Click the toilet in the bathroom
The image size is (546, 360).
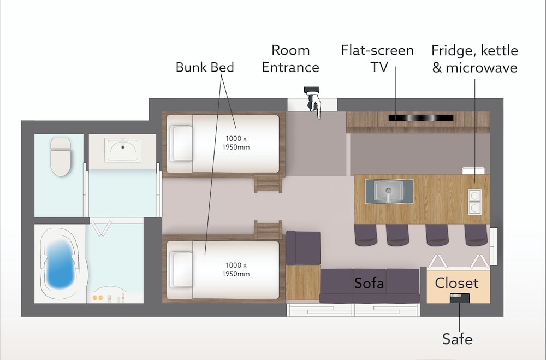[61, 156]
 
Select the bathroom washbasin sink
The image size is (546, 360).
[122, 150]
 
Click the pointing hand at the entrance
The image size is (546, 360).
[313, 103]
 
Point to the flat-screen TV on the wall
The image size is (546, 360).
[420, 118]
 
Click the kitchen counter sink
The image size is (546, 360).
[389, 191]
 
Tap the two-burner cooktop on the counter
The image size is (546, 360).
[474, 202]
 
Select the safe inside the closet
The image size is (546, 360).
[460, 298]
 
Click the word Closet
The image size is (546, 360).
[456, 283]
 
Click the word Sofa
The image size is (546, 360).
[369, 283]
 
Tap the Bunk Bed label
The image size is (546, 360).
[205, 67]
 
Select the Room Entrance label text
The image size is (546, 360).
[290, 58]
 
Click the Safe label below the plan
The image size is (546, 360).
[457, 339]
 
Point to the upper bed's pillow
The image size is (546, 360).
[181, 143]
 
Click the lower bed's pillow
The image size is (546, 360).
[181, 270]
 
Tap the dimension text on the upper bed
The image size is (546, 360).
[236, 143]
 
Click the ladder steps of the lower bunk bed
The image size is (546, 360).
[268, 229]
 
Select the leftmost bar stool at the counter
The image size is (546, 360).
[366, 235]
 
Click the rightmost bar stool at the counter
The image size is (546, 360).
[476, 235]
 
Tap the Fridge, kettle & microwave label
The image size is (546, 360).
[474, 59]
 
